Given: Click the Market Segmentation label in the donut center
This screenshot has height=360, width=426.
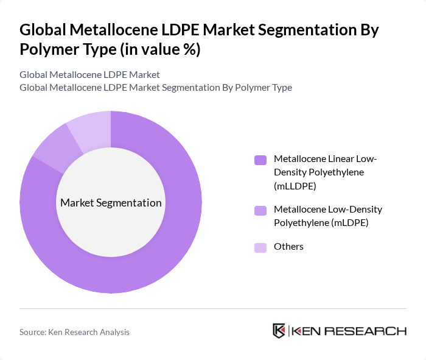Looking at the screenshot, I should click(111, 203).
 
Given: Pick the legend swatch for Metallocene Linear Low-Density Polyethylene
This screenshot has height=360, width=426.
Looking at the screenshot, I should click(261, 160).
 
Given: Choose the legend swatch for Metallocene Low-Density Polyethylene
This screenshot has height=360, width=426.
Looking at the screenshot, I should click(261, 211).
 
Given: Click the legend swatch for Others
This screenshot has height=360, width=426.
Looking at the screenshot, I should click(261, 247).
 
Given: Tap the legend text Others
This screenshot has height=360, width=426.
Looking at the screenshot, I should click(288, 247).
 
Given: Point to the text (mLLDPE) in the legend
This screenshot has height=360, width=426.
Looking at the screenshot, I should click(295, 185).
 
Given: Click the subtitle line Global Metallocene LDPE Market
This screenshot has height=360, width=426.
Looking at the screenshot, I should click(89, 74).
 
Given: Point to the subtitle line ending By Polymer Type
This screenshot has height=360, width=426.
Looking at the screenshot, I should click(155, 87).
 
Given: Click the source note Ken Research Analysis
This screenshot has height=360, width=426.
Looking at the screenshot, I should click(74, 332).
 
